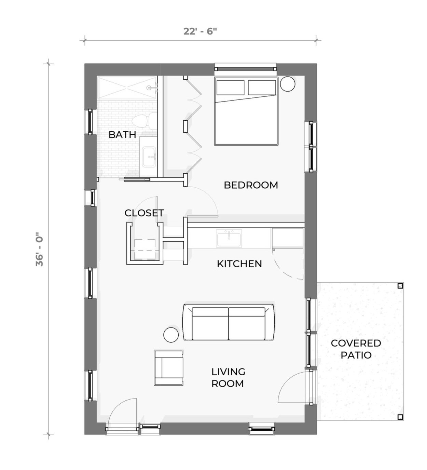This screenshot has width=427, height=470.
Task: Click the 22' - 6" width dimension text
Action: coord(200,31)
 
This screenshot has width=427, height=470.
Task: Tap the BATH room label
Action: coord(122,135)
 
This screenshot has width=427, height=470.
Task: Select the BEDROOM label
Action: coord(251,185)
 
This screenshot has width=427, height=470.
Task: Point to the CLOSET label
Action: coord(144,213)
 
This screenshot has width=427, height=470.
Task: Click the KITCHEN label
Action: coord(239,264)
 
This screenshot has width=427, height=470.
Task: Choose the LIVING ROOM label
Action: coord(228,377)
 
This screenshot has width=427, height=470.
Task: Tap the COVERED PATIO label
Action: coord(356,349)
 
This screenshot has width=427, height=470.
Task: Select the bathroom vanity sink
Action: coord(149,157)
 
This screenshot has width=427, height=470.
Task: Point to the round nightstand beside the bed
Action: coord(288,84)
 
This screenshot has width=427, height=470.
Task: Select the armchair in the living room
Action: coord(168,368)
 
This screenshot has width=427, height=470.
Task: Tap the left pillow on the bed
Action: coord(230,88)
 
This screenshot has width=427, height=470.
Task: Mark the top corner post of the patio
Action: coord(400,286)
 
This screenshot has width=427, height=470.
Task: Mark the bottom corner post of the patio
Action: coord(400,417)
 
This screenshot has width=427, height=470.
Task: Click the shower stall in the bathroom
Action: coord(126,88)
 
